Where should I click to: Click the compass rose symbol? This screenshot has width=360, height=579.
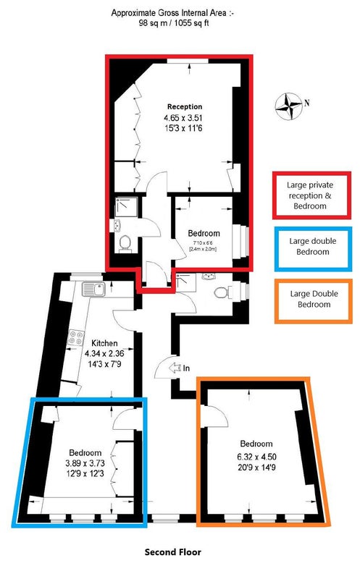tap(289, 106)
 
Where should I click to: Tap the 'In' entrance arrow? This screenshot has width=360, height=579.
tap(173, 368)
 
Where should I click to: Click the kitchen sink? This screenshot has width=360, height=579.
tap(94, 289)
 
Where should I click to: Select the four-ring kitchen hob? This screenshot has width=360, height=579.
tap(76, 337)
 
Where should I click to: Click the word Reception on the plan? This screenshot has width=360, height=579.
tap(185, 106)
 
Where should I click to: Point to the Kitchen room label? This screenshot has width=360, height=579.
tap(104, 343)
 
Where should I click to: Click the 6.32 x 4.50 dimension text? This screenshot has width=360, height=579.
tap(256, 457)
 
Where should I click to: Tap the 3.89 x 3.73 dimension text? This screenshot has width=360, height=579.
tap(85, 463)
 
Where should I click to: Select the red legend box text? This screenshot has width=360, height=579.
tap(310, 195)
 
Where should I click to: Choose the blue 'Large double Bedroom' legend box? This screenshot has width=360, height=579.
tap(313, 249)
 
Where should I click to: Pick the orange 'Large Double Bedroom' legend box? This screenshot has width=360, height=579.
tap(314, 301)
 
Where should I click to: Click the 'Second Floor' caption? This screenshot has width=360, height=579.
tap(173, 552)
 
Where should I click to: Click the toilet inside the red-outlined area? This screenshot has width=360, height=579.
tap(125, 243)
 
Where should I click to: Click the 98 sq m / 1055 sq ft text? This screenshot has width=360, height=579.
tap(172, 23)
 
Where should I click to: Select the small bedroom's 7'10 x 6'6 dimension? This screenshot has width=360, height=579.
tap(203, 242)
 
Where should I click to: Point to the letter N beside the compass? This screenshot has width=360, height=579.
tap(307, 103)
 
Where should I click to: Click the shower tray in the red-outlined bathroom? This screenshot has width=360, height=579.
tap(126, 207)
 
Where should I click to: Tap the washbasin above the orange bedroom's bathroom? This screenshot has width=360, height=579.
tap(209, 276)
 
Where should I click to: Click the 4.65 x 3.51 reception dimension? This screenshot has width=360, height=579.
tap(184, 118)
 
